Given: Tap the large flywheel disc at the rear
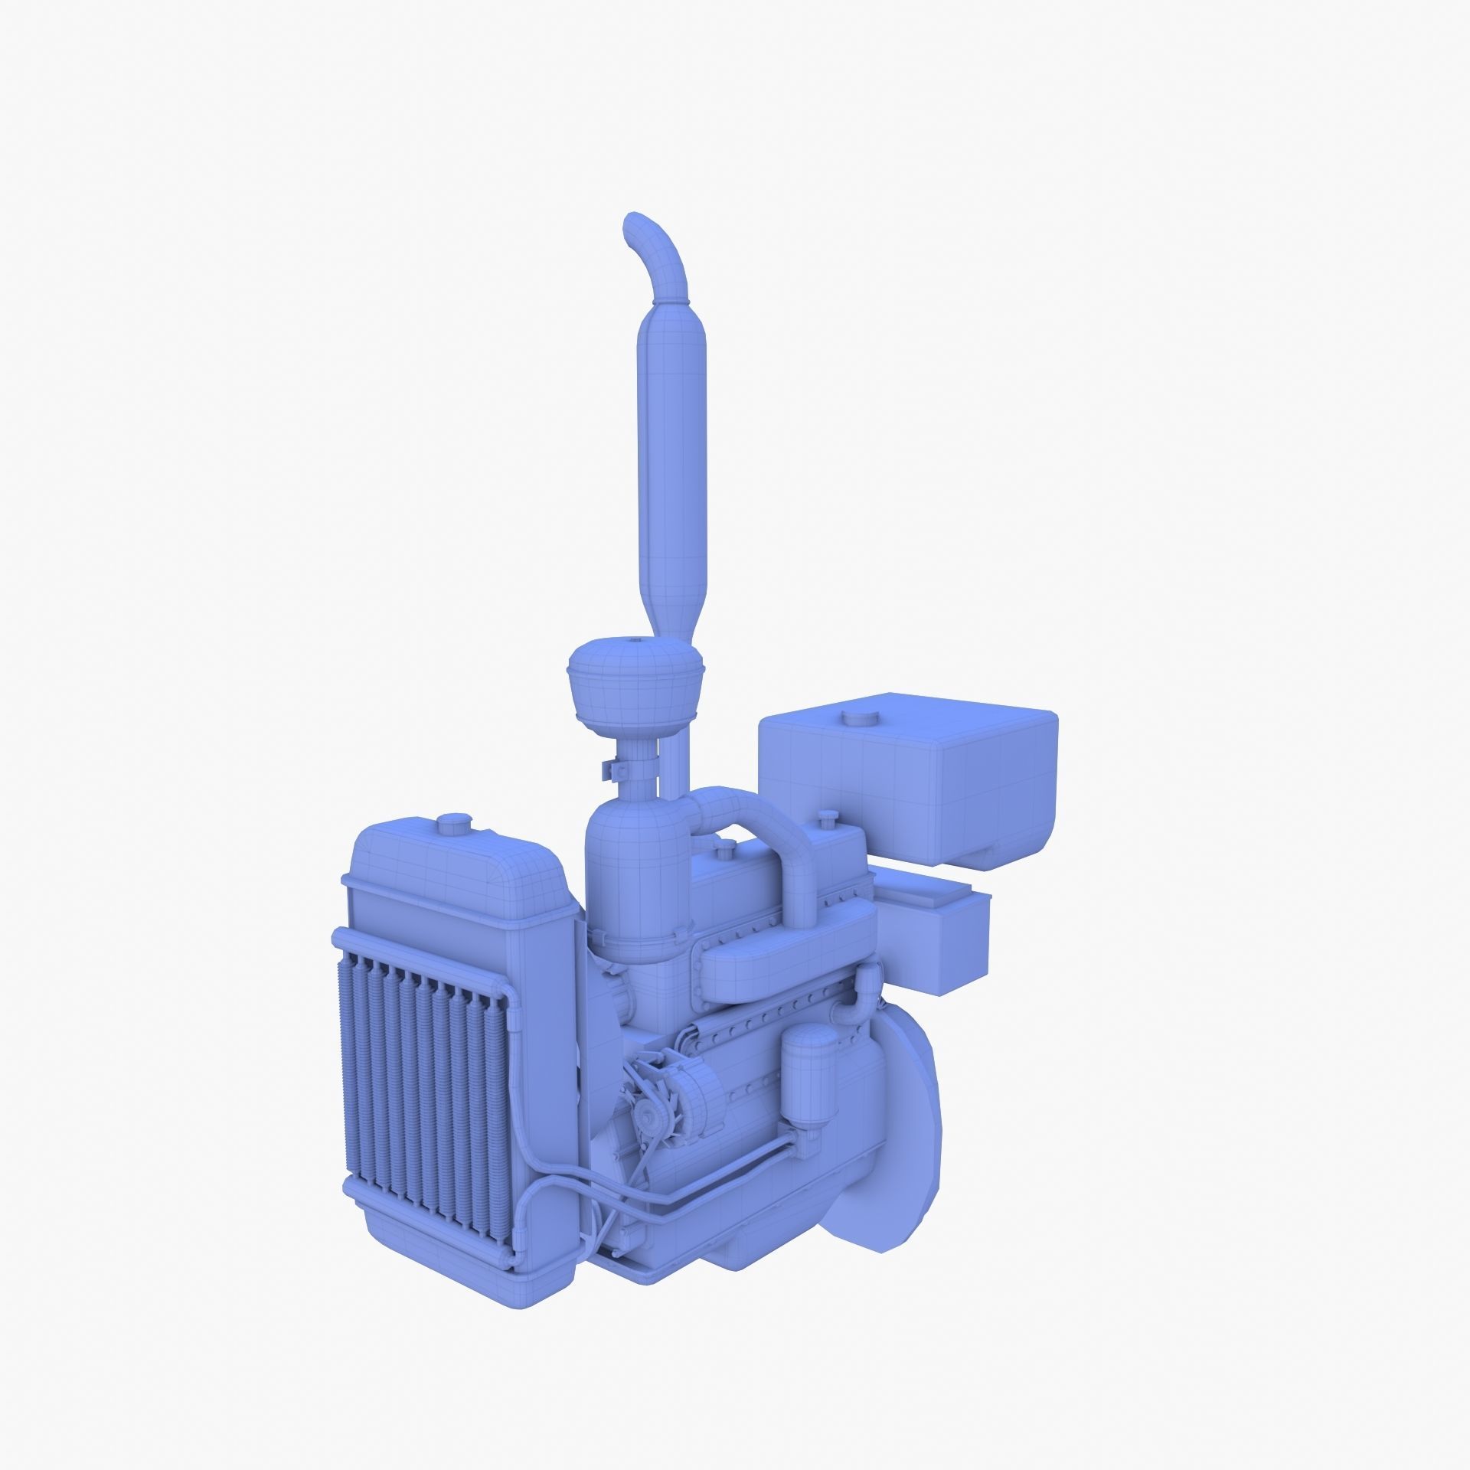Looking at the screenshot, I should point(896,1133).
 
